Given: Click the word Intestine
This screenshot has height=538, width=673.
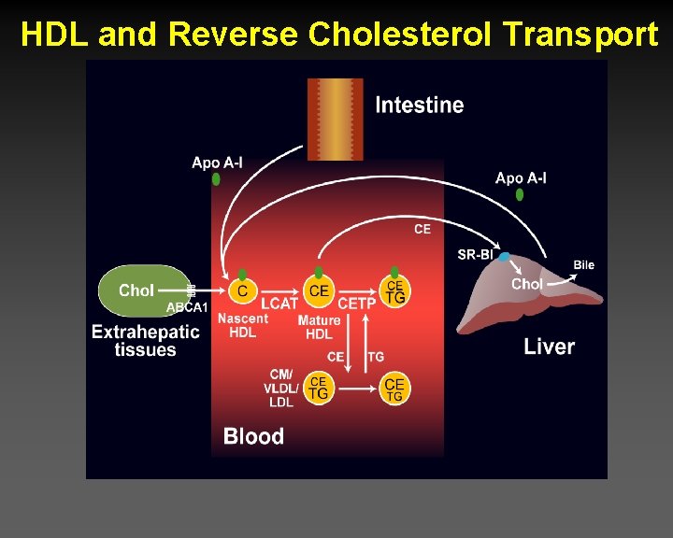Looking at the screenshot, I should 419,105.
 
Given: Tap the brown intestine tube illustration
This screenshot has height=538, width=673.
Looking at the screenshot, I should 335,117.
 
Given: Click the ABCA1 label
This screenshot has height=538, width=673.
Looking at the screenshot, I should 187,307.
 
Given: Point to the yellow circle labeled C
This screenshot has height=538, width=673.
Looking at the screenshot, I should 242,291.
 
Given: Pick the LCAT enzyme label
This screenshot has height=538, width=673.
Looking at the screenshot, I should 279,304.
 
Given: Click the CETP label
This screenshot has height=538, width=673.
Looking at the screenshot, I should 357,304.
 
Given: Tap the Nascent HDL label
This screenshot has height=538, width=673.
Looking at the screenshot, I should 242,326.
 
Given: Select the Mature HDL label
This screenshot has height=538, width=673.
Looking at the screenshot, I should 318,328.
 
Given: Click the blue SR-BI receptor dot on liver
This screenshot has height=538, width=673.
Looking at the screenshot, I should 504,257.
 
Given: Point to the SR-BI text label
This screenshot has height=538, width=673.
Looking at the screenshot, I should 475,254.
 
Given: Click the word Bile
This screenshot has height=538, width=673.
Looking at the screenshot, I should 583,265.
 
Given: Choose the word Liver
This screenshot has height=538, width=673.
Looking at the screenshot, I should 549,347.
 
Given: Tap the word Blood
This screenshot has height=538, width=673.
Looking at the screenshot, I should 253,436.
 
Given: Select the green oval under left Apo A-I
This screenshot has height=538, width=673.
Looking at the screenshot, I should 216,178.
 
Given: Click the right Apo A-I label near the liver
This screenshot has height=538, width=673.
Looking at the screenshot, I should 521,178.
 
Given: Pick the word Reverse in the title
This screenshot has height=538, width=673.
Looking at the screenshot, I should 233,35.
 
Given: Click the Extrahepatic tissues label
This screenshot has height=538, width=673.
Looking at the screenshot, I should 146,340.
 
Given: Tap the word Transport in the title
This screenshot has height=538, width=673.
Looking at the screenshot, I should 580,35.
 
